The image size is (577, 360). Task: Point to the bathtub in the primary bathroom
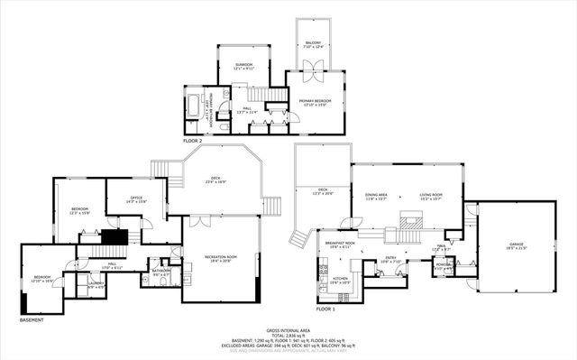point(197,100)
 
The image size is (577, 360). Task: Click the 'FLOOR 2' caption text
point(193,142)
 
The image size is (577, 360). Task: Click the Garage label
point(517,245)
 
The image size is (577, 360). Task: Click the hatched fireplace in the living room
point(411,218)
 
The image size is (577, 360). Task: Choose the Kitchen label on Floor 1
point(340,281)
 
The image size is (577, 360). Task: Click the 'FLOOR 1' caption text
point(326,309)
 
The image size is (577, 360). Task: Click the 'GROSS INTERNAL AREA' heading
point(288,330)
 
